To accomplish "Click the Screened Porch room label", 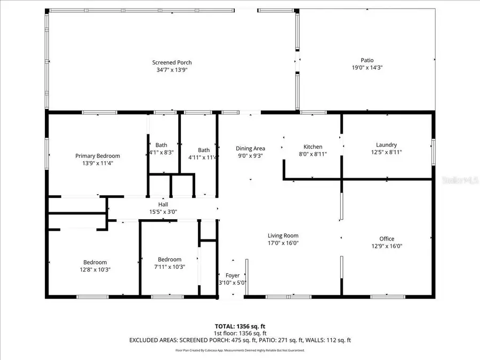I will (x=172, y=62).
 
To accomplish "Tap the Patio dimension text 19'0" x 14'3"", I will (x=367, y=68).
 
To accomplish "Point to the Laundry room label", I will (x=386, y=145).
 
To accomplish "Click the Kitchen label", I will (x=313, y=147).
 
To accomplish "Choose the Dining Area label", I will (x=250, y=148).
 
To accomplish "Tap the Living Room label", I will (x=283, y=235).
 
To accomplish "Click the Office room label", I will (x=387, y=238).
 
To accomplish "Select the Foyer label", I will (x=233, y=275).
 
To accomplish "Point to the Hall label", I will (x=163, y=204).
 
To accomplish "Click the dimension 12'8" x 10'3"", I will (x=94, y=269).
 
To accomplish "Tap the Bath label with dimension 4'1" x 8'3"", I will (x=161, y=145).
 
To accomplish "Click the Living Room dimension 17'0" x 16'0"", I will (x=283, y=243).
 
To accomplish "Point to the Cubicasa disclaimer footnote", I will (x=239, y=350).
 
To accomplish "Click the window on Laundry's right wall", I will (x=433, y=148).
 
